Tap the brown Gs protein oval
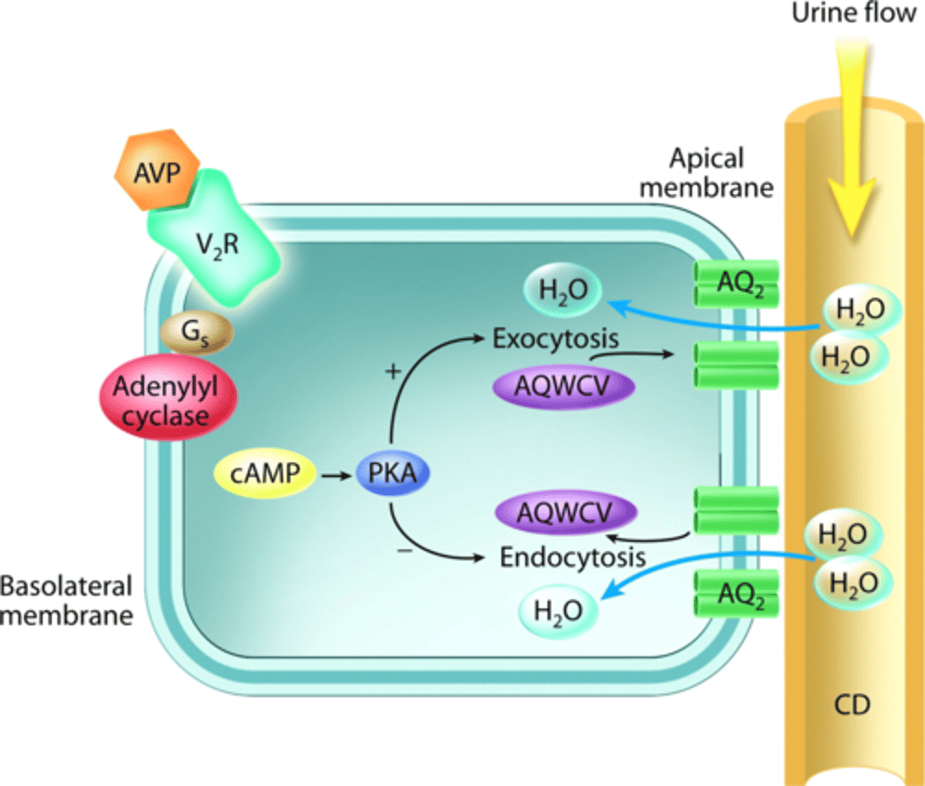click(x=196, y=332)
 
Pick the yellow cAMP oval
click(x=265, y=473)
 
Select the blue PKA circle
click(x=392, y=473)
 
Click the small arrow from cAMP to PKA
click(x=336, y=475)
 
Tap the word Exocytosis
click(x=555, y=339)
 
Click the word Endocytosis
click(x=572, y=557)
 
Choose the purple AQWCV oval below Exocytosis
click(x=563, y=386)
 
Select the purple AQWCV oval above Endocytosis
click(x=565, y=512)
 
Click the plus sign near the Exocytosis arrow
click(x=393, y=372)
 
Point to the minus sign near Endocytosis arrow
click(x=405, y=550)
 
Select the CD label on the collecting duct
click(x=852, y=705)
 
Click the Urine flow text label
click(x=854, y=13)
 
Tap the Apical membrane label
click(x=706, y=173)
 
